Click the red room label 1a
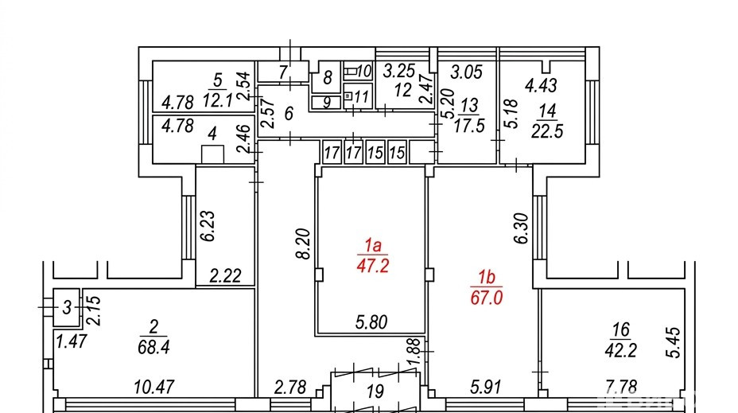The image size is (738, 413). (x=372, y=245)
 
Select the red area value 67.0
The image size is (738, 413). (x=487, y=298)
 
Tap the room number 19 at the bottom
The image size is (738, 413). (x=375, y=391)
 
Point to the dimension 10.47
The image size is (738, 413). (x=154, y=387)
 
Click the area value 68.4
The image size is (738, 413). (x=153, y=347)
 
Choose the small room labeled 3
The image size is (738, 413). (x=66, y=307)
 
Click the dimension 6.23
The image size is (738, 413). (x=208, y=226)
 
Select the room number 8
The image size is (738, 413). (x=328, y=77)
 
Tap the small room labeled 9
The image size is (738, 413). (x=326, y=102)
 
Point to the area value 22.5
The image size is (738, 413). (x=547, y=131)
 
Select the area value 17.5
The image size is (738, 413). (x=469, y=127)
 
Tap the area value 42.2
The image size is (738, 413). (x=621, y=350)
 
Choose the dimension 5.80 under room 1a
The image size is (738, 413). (x=371, y=322)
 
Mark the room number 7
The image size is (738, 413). (x=282, y=72)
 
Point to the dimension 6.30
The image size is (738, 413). (x=521, y=228)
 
